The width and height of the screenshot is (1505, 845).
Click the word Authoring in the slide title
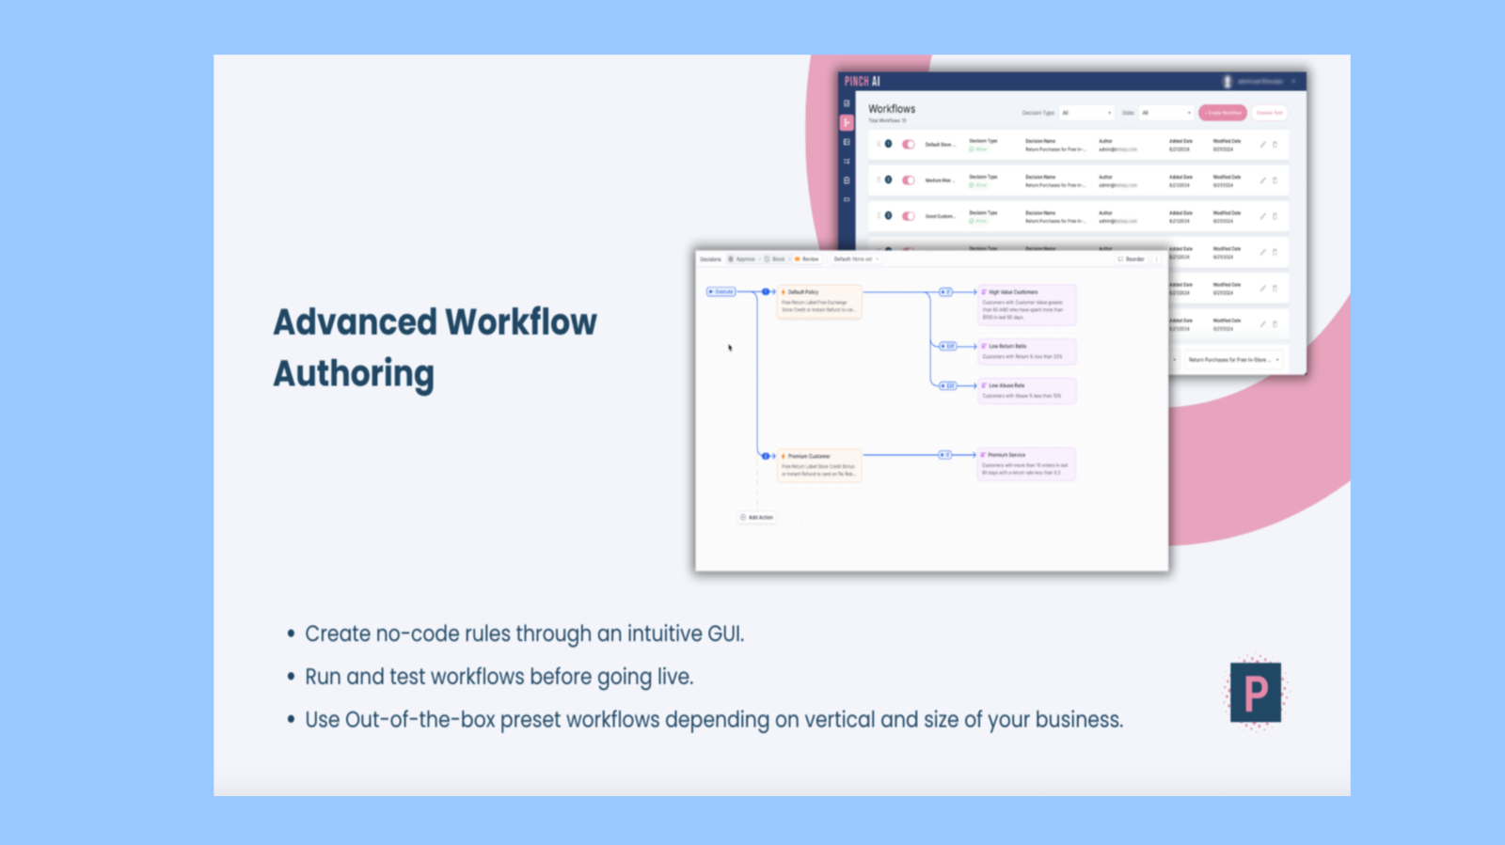(x=354, y=374)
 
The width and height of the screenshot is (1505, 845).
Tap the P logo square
(x=1255, y=693)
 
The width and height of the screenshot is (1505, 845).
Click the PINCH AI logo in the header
(x=862, y=82)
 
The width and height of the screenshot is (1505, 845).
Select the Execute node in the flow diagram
(x=721, y=292)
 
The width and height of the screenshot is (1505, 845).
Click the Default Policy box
(x=818, y=302)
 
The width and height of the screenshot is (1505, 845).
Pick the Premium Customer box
(x=818, y=465)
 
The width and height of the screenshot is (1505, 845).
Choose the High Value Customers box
(x=1026, y=305)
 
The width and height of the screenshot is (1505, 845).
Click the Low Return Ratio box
(x=1026, y=352)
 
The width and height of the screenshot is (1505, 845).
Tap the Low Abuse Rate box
(x=1026, y=391)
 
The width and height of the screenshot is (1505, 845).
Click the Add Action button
(x=757, y=518)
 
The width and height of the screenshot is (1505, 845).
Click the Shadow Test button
(x=1270, y=113)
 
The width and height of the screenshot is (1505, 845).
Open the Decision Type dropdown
(x=1086, y=113)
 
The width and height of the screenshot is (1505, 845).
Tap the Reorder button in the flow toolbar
(x=1132, y=259)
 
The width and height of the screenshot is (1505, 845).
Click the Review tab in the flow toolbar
(x=807, y=259)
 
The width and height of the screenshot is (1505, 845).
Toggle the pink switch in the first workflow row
(x=909, y=145)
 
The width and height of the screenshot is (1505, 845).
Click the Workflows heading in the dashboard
(x=892, y=109)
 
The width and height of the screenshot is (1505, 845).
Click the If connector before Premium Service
(x=945, y=455)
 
